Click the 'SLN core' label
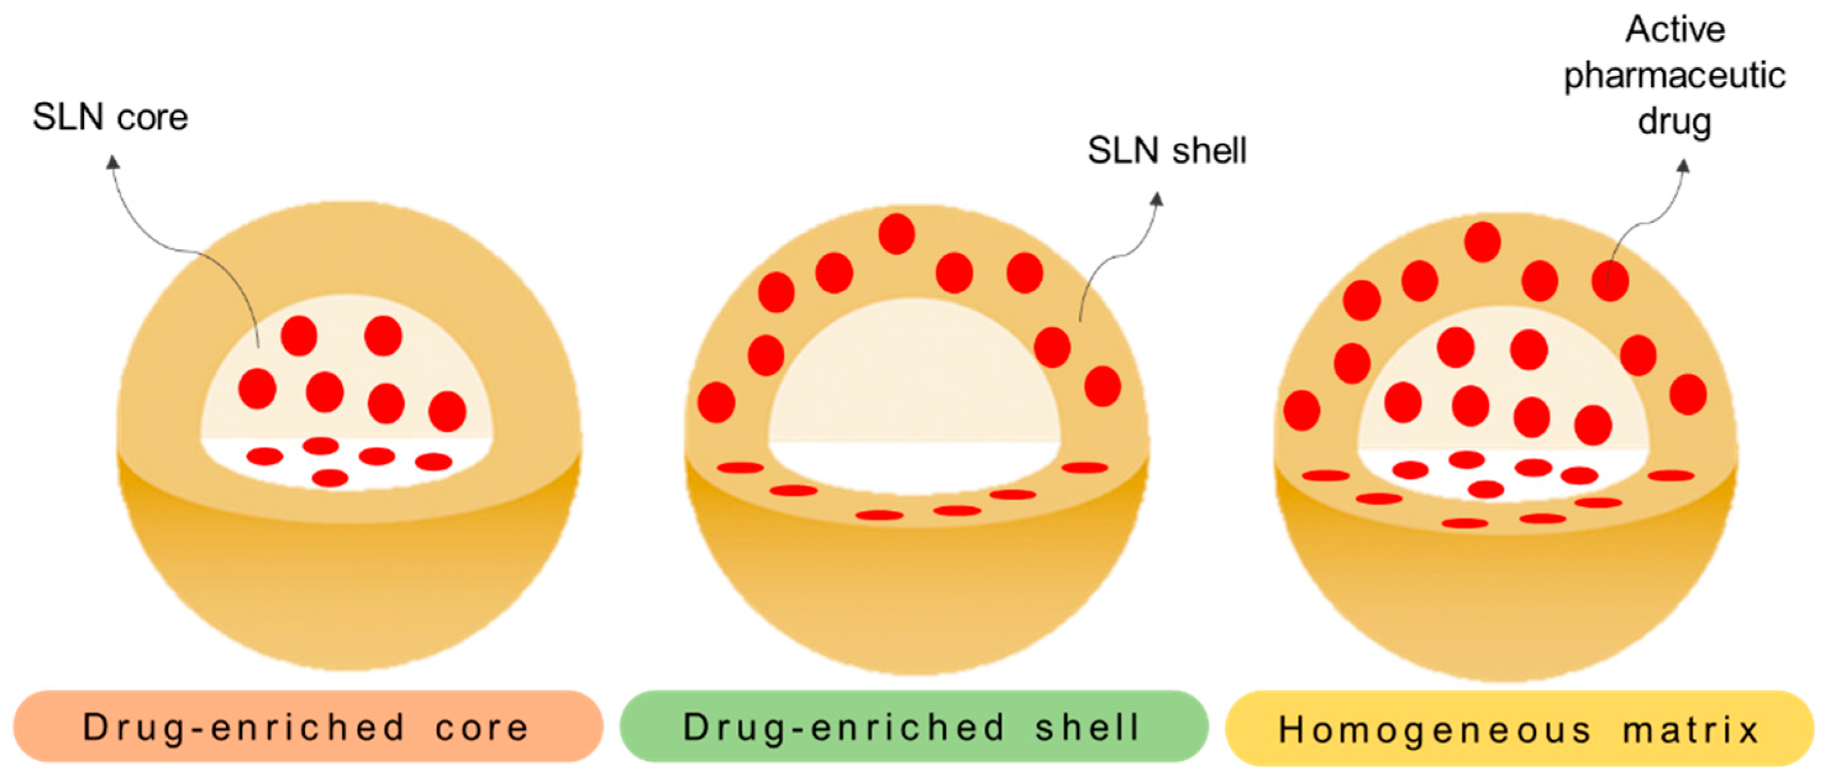point(110,117)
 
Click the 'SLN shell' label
point(1167,151)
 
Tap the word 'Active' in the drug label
point(1675,30)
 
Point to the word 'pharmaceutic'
point(1674,75)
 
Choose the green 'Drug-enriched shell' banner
point(913,727)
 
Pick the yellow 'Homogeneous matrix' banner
point(1520,728)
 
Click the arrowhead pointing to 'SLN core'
point(113,162)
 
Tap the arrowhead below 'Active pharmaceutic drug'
point(1683,166)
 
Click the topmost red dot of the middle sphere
point(897,234)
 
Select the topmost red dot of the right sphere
point(1482,242)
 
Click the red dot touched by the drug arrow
point(1610,280)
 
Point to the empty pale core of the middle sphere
point(914,377)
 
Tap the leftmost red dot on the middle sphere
point(716,402)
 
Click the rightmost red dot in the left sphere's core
point(447,411)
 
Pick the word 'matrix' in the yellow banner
point(1691,730)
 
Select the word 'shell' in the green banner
point(1087,727)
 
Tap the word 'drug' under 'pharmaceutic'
point(1674,121)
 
